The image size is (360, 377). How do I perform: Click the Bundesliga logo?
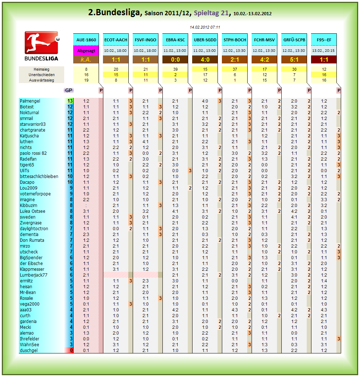point(41,46)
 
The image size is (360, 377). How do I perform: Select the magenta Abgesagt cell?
point(86,51)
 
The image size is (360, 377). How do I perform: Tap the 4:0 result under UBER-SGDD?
point(205,59)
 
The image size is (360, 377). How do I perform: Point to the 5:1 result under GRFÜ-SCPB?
point(294,59)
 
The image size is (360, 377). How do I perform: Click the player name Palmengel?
point(30,101)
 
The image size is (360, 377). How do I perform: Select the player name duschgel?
point(29,351)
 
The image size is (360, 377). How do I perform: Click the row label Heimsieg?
point(41,69)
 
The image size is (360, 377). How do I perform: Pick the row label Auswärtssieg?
point(41,80)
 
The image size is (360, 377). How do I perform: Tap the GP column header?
point(68,90)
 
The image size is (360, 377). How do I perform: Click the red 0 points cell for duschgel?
point(69,351)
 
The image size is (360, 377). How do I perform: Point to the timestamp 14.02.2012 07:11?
point(205,27)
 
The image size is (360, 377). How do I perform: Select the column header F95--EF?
point(324,40)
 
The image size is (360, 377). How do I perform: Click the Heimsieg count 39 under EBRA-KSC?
point(175,69)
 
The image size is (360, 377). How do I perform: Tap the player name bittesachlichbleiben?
point(39,177)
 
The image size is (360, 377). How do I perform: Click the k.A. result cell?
point(86,59)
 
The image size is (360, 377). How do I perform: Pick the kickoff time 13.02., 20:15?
point(324,51)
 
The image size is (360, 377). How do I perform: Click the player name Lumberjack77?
point(34,275)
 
